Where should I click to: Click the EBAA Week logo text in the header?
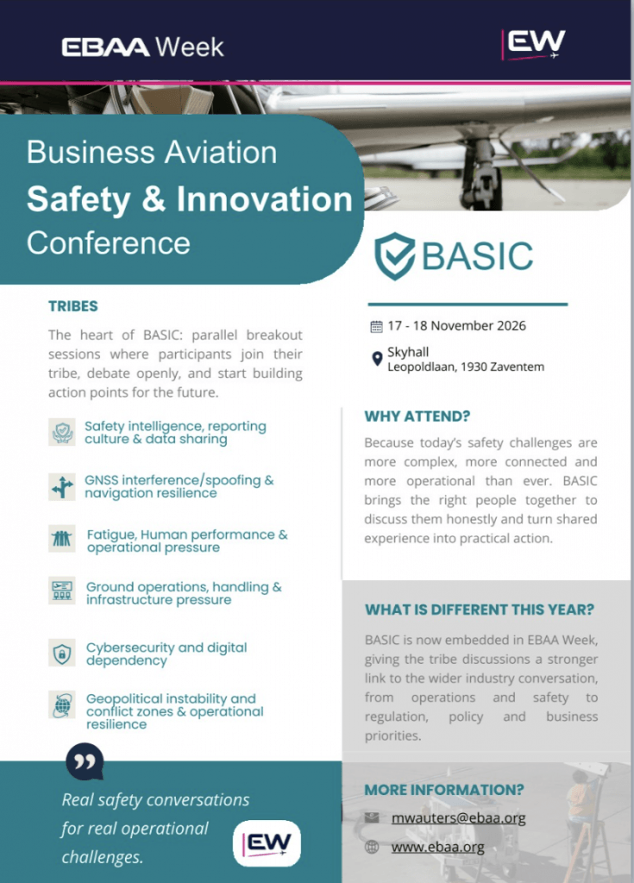tap(142, 47)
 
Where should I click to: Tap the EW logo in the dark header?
tap(533, 45)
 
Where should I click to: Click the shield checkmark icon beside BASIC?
tap(394, 256)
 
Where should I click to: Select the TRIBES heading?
tap(73, 306)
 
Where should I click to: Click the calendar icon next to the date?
tap(376, 326)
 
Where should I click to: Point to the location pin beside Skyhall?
tap(377, 359)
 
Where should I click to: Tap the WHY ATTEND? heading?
tap(417, 416)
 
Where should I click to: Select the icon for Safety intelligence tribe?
tap(62, 432)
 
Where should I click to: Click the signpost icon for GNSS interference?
tap(62, 486)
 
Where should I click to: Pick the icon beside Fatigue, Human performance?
tap(62, 539)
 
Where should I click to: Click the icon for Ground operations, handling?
tap(62, 591)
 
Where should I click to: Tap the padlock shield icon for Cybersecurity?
tap(62, 654)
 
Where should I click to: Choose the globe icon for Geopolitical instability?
tap(62, 705)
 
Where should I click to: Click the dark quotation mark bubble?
tap(85, 761)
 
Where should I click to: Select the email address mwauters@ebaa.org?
tap(458, 817)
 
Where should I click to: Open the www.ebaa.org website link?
tap(438, 847)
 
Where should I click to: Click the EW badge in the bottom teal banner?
tap(267, 843)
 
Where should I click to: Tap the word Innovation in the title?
tap(264, 199)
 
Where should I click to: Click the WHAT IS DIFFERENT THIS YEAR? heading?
tap(480, 610)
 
